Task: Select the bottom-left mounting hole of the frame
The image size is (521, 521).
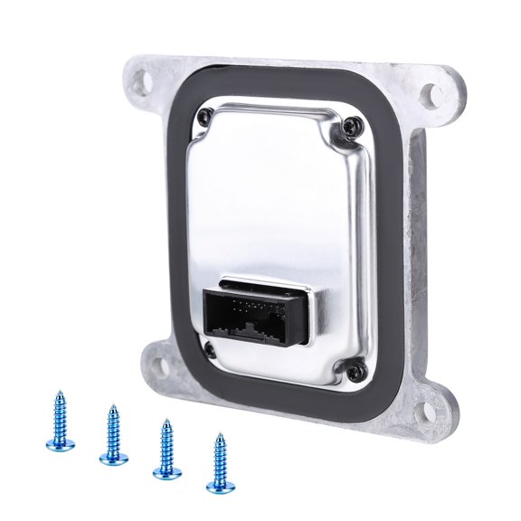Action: (156, 365)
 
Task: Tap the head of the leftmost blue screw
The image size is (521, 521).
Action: (58, 443)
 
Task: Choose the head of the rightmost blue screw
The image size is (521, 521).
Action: (218, 484)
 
